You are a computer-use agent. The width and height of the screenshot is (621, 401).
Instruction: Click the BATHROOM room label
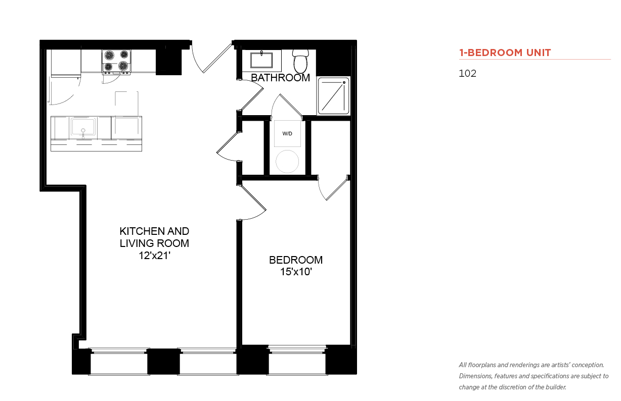(x=280, y=78)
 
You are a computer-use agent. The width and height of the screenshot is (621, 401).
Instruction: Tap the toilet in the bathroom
(x=300, y=61)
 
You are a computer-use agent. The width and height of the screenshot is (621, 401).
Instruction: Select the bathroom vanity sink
(x=261, y=60)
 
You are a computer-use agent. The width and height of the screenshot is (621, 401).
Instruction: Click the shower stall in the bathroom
(x=333, y=96)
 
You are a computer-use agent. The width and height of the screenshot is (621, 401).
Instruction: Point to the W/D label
(x=287, y=134)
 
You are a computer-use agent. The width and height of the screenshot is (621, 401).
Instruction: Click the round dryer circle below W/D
(x=287, y=162)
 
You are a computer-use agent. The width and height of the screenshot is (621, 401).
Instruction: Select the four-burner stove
(x=116, y=62)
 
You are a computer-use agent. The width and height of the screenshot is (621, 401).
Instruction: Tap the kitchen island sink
(x=83, y=127)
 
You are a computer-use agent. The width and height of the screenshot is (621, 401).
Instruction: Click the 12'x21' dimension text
(x=154, y=256)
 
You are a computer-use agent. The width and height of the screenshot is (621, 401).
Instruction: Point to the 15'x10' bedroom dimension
(x=296, y=272)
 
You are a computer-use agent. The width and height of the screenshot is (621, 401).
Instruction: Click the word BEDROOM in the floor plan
(x=296, y=260)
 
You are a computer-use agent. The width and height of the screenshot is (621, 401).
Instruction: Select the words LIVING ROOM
(x=154, y=243)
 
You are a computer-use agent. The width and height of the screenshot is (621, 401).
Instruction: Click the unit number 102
(x=467, y=73)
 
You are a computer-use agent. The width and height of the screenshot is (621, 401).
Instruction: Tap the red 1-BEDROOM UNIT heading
(x=505, y=53)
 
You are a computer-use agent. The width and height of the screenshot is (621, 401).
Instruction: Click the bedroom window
(x=297, y=360)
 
